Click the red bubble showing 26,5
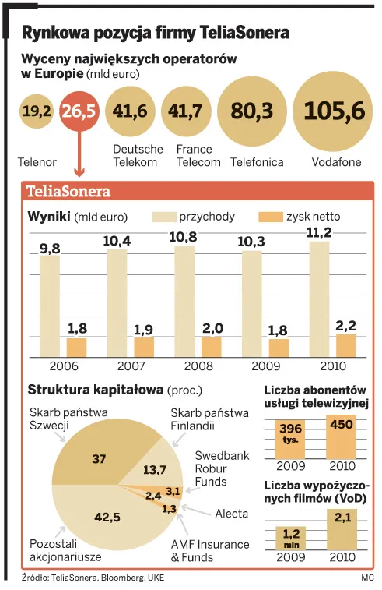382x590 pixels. pos(78,113)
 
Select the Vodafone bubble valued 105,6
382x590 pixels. pos(334,111)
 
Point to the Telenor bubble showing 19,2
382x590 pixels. pos(37,113)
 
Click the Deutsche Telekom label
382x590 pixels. pos(138,156)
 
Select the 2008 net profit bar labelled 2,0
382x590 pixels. pos(212,347)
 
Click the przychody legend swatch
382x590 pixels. pos(165,217)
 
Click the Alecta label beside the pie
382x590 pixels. pos(231,514)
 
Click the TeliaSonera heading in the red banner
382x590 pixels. pos(68,192)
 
